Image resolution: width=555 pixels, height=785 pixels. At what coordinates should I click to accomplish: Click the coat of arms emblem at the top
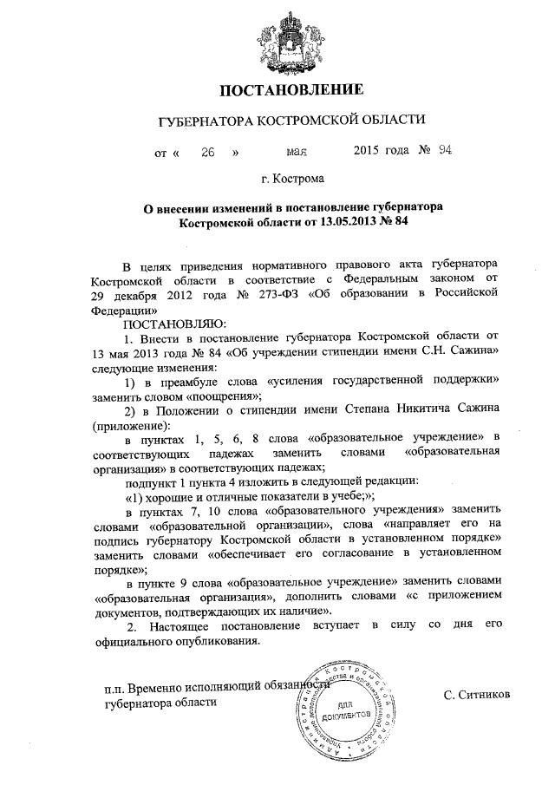coord(278,39)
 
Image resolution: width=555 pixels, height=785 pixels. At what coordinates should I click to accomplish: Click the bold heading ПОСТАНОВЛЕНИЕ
coord(277,90)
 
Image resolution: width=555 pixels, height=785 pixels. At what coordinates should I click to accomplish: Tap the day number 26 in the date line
coord(208,152)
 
